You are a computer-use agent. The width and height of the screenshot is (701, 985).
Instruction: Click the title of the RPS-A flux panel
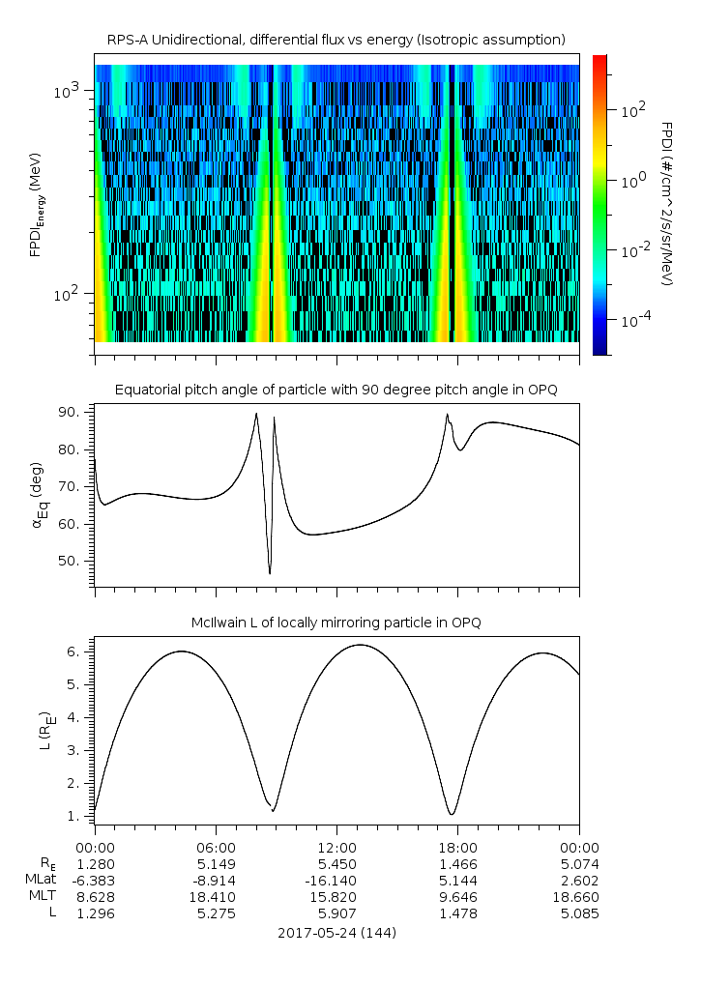(x=336, y=39)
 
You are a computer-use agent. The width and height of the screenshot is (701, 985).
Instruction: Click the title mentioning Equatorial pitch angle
(x=336, y=390)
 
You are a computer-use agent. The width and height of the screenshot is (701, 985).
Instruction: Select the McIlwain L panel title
(x=336, y=622)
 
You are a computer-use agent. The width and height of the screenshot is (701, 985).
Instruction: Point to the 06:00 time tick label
(x=216, y=846)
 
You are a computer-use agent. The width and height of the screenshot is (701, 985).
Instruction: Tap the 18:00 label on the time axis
(x=457, y=846)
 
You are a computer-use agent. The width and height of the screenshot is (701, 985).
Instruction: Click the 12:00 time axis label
(x=336, y=846)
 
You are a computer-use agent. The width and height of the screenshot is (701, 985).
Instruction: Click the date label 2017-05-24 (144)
(x=336, y=933)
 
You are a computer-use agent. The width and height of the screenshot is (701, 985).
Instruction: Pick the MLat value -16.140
(x=336, y=881)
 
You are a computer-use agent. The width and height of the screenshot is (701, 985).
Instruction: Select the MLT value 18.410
(x=216, y=897)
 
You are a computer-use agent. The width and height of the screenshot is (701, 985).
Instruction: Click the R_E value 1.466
(x=457, y=863)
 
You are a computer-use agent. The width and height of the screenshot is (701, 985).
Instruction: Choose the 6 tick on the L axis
(x=82, y=652)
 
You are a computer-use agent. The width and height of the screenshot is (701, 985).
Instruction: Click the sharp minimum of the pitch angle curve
(x=270, y=573)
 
